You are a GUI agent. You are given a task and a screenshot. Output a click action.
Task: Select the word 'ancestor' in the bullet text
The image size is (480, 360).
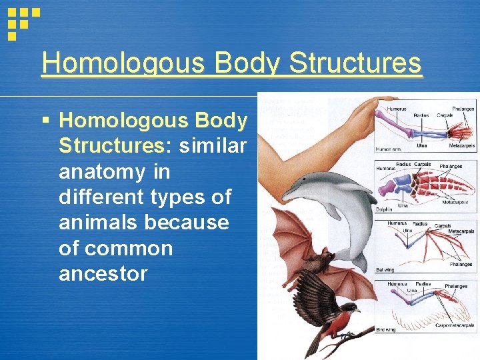point(103,274)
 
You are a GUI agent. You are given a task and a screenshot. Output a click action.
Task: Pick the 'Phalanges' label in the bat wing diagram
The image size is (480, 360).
point(459,265)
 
